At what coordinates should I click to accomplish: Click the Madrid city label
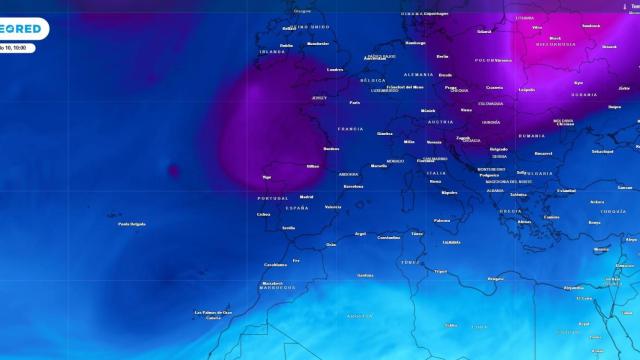(x=307, y=197)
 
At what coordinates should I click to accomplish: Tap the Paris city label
(x=354, y=102)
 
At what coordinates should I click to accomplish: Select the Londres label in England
(x=335, y=69)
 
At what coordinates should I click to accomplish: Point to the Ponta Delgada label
(x=132, y=224)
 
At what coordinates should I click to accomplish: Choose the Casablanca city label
(x=275, y=265)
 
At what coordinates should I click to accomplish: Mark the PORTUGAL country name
(x=272, y=198)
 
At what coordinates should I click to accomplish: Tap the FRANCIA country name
(x=351, y=129)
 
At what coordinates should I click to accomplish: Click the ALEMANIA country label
(x=419, y=75)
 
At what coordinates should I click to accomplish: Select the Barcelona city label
(x=353, y=186)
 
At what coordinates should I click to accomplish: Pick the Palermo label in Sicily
(x=442, y=220)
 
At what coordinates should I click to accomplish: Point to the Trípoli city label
(x=441, y=271)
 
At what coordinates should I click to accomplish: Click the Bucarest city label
(x=544, y=153)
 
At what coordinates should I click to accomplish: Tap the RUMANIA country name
(x=532, y=136)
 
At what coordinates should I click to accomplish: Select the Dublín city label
(x=287, y=45)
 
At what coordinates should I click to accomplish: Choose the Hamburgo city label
(x=416, y=43)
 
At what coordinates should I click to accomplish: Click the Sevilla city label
(x=288, y=228)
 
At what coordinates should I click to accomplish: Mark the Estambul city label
(x=567, y=190)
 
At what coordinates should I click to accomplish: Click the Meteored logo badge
(x=22, y=29)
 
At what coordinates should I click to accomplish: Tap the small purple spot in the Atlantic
(x=174, y=170)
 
